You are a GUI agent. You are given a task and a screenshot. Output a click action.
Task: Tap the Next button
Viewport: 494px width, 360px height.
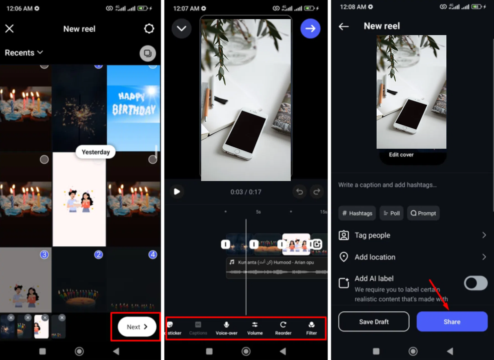(137, 327)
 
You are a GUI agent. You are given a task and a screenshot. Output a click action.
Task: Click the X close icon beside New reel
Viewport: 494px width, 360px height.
(9, 28)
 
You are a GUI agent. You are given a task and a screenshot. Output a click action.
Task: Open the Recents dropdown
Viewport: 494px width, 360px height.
(24, 53)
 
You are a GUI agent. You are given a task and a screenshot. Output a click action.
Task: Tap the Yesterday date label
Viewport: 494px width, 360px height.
(96, 152)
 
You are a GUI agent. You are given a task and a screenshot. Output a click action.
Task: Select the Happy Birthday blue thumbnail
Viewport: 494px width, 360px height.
(133, 108)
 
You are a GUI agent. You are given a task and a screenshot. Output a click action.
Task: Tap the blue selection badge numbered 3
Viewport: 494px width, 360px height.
(44, 255)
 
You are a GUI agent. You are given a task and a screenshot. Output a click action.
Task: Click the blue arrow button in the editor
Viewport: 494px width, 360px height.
(310, 28)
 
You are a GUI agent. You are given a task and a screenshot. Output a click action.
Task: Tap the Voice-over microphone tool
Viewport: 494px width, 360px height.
(227, 328)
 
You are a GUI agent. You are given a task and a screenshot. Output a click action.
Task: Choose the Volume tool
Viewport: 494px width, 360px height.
(255, 328)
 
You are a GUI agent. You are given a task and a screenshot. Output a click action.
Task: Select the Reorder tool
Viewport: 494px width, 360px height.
(283, 328)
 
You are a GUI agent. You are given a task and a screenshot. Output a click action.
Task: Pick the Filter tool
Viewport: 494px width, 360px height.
(311, 328)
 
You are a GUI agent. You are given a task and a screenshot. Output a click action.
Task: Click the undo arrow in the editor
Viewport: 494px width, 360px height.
(299, 191)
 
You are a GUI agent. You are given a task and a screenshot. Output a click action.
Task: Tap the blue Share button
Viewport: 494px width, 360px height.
(452, 321)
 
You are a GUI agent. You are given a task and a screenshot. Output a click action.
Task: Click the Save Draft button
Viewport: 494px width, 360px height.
(374, 321)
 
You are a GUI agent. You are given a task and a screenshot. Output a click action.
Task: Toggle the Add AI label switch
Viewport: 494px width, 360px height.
(476, 283)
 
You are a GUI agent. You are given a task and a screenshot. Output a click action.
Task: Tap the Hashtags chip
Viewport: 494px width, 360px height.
(357, 213)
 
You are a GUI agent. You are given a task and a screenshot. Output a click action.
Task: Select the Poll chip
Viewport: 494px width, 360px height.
(392, 213)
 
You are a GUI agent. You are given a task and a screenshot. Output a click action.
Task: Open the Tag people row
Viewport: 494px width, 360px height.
(412, 235)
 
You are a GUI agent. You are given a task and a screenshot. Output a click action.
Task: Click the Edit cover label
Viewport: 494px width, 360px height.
(401, 155)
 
